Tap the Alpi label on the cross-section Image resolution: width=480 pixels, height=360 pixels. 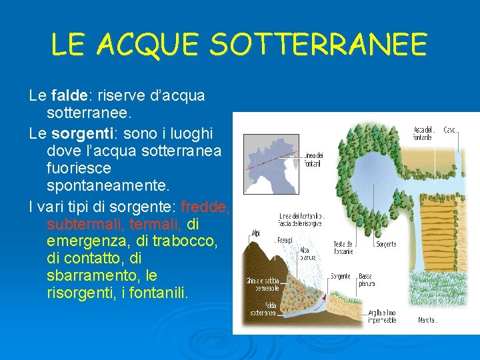point(255,234)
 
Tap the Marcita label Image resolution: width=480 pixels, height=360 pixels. point(427,321)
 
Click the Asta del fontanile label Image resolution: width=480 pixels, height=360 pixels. point(423,133)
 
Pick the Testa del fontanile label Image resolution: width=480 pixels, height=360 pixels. point(344,248)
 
